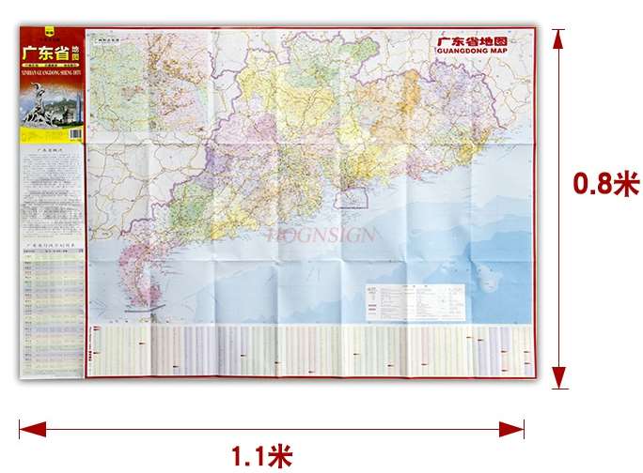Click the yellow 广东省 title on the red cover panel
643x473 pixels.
point(45,53)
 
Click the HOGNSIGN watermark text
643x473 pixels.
point(321,235)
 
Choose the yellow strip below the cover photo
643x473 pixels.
point(52,137)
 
